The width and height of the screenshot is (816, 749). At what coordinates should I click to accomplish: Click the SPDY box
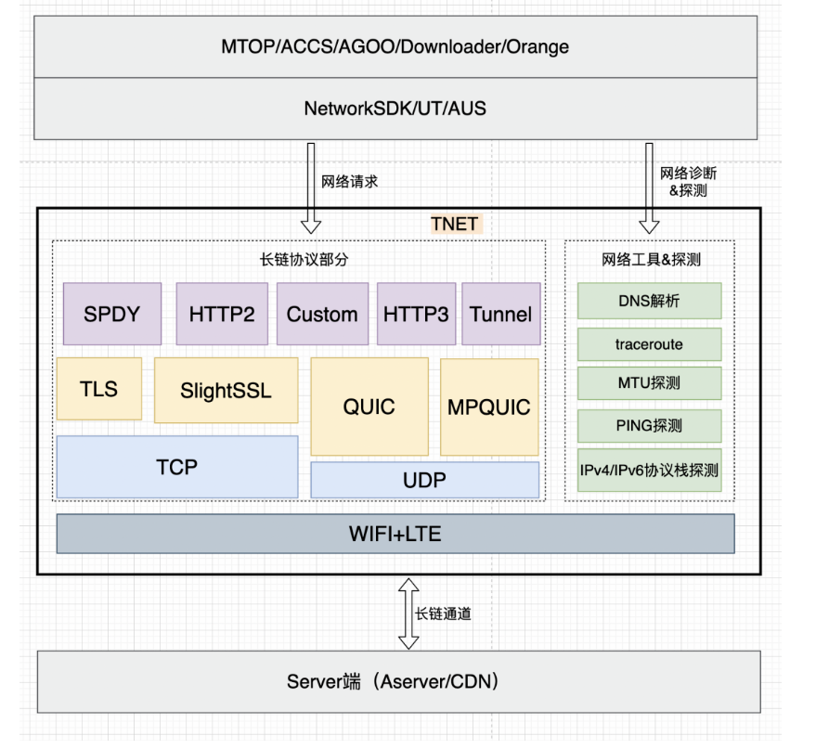tap(111, 314)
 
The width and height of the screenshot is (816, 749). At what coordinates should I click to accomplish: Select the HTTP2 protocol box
tap(222, 314)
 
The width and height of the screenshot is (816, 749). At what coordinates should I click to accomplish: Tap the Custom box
tap(322, 314)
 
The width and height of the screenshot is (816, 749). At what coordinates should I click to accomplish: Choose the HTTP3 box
tap(416, 314)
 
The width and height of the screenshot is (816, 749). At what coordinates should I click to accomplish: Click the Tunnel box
tap(501, 314)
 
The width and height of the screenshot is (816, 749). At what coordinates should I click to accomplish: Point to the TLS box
tap(99, 388)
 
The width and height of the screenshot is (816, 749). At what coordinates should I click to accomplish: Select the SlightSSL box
tap(226, 390)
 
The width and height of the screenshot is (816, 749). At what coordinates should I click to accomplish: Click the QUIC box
tap(369, 407)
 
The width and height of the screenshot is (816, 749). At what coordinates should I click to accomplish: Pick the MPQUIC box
tap(489, 407)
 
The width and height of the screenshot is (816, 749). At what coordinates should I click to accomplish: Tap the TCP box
tap(177, 466)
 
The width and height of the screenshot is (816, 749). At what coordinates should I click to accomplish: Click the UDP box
tap(424, 480)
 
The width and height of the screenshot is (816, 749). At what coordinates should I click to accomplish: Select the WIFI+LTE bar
tap(395, 534)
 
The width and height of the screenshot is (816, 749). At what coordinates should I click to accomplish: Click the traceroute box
tap(649, 344)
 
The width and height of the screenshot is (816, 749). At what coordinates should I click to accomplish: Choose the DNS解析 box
tap(649, 301)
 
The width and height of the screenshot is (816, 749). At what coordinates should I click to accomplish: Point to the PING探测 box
tap(649, 426)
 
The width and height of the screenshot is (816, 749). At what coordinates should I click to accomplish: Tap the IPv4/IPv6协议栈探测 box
tap(649, 470)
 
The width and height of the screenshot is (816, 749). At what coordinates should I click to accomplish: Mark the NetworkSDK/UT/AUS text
tap(395, 109)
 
